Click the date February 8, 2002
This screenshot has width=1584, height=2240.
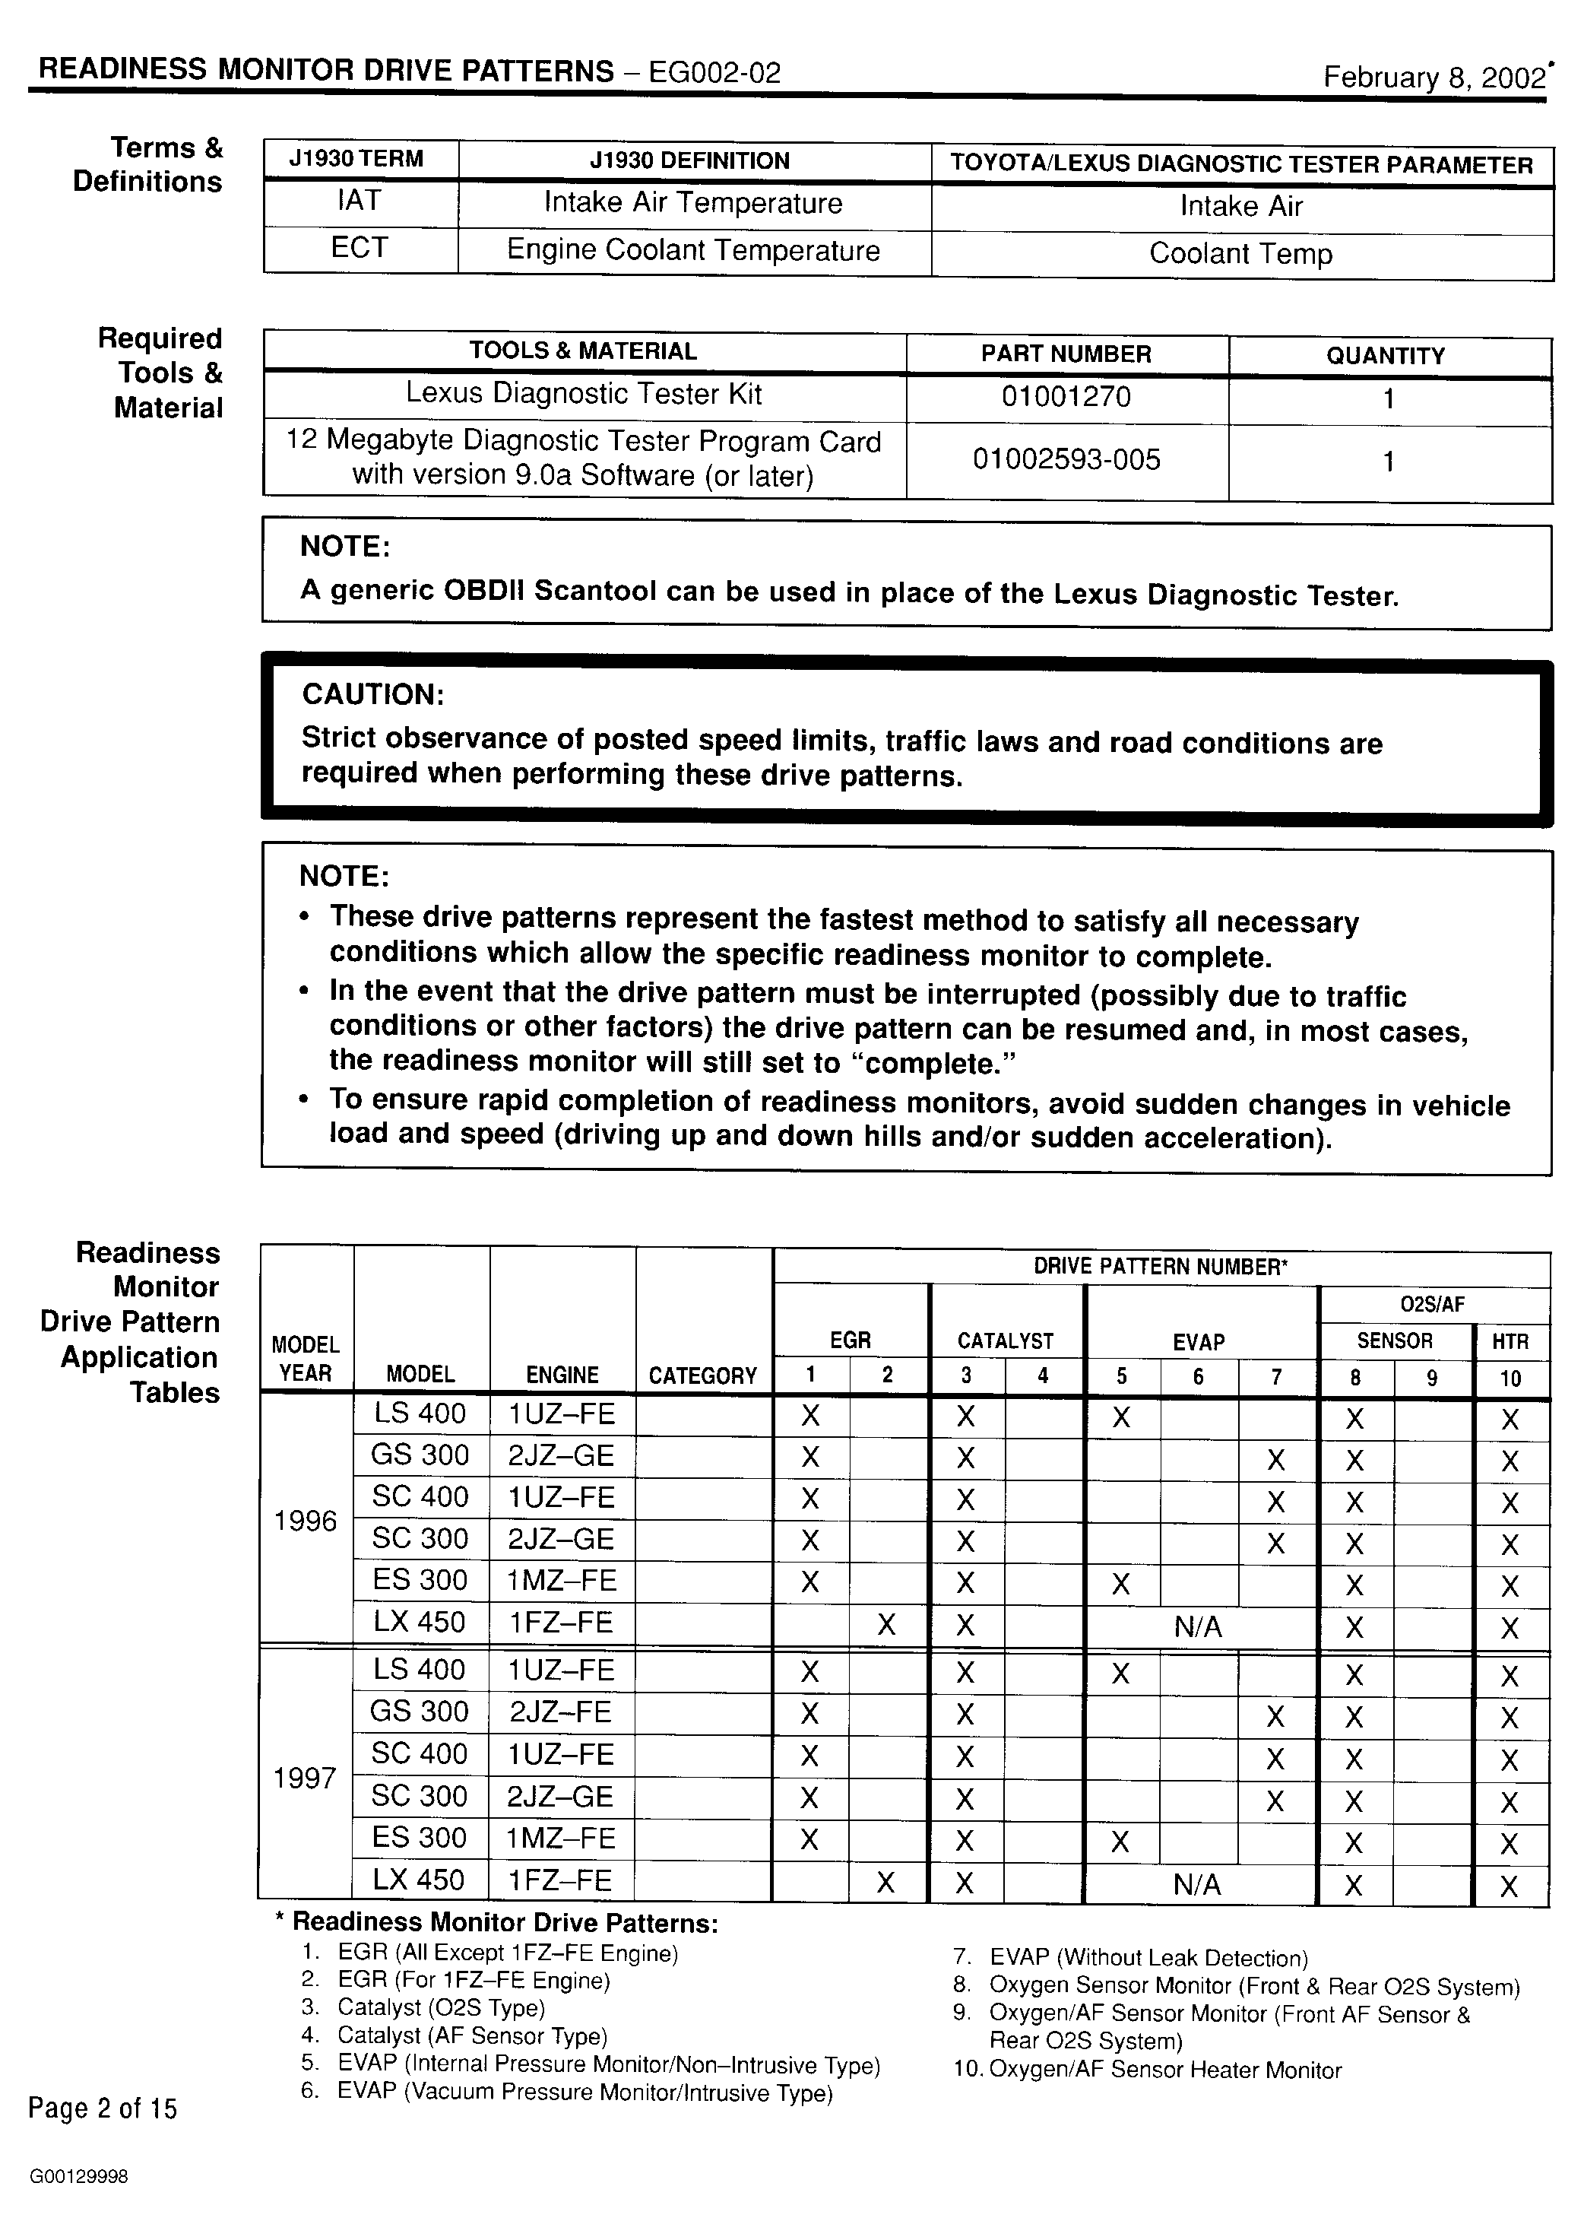pos(1433,78)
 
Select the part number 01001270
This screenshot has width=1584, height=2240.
pos(1066,397)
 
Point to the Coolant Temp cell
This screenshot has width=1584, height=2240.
pos(1240,254)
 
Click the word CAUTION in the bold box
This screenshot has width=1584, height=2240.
pos(372,695)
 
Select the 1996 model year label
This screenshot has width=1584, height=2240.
pos(306,1521)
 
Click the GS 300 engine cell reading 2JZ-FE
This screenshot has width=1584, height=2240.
pos(561,1712)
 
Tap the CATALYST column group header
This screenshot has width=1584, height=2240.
pos(1006,1341)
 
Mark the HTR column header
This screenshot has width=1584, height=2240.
pos(1510,1341)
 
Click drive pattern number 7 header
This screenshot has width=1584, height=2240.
pos(1277,1376)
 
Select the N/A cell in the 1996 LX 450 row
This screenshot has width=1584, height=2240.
pos(1199,1626)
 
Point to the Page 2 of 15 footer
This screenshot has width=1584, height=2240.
pos(103,2109)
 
